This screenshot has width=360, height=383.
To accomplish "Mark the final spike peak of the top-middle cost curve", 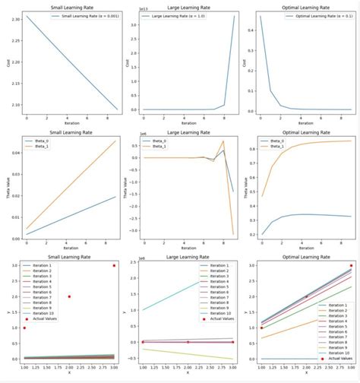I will point(234,16).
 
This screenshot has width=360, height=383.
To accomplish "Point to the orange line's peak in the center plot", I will point(223,141).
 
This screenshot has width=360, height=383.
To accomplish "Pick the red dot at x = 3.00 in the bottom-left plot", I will point(115,265).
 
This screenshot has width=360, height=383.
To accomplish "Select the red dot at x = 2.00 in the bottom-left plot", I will point(69,296).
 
